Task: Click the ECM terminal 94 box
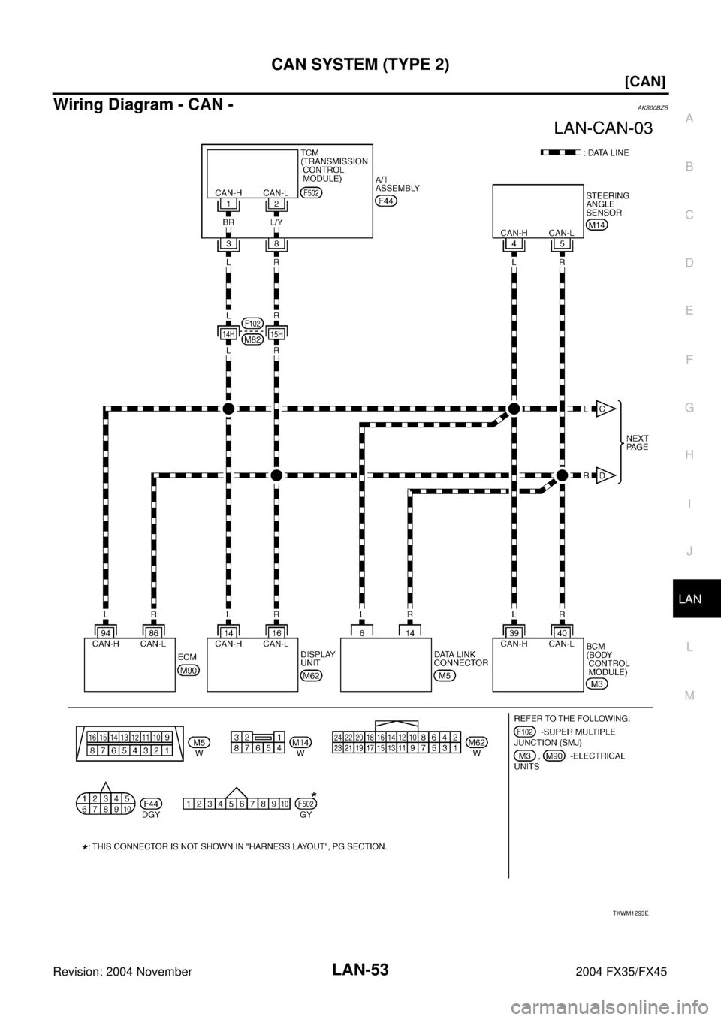(106, 633)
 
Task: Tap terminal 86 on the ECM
(154, 633)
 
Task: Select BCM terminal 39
(514, 633)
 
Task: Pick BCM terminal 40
(562, 633)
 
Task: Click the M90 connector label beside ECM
(189, 670)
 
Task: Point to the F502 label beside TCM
(312, 192)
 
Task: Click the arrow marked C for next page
(605, 409)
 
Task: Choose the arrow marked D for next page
(605, 476)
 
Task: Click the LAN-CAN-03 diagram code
(603, 128)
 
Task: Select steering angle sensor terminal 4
(514, 243)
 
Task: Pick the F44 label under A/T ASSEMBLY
(386, 201)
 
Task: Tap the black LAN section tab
(697, 599)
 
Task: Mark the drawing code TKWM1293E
(630, 913)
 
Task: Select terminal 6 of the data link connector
(362, 633)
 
